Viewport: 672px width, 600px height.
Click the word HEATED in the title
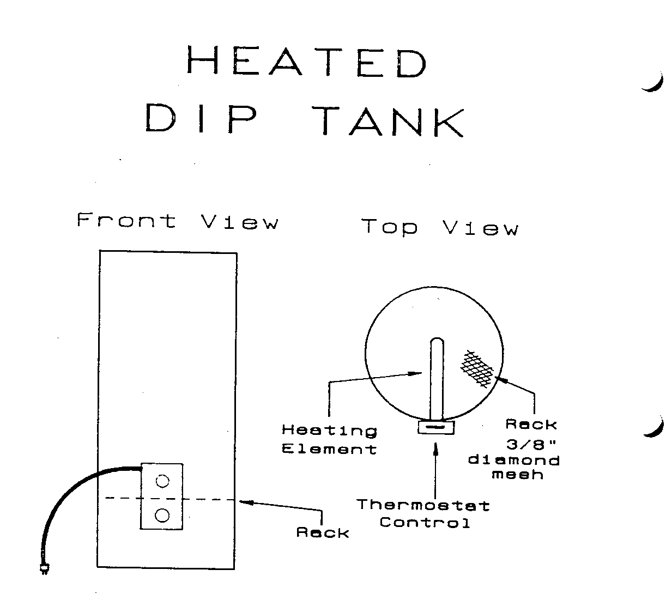coord(307,62)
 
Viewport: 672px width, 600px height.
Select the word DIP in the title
coord(201,119)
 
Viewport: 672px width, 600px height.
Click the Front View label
coord(178,221)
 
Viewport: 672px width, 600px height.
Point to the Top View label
coord(439,227)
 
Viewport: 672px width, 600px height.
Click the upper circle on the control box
coord(162,481)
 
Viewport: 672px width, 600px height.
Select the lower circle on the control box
coord(162,514)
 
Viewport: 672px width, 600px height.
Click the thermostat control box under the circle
coord(436,427)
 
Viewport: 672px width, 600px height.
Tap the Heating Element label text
coord(329,440)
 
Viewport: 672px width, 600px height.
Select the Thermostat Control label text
coord(423,514)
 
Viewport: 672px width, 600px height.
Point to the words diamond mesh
coord(514,467)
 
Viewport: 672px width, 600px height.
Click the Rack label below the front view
coord(323,532)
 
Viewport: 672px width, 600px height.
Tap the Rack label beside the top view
coord(531,424)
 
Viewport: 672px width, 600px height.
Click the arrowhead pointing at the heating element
coord(417,373)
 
